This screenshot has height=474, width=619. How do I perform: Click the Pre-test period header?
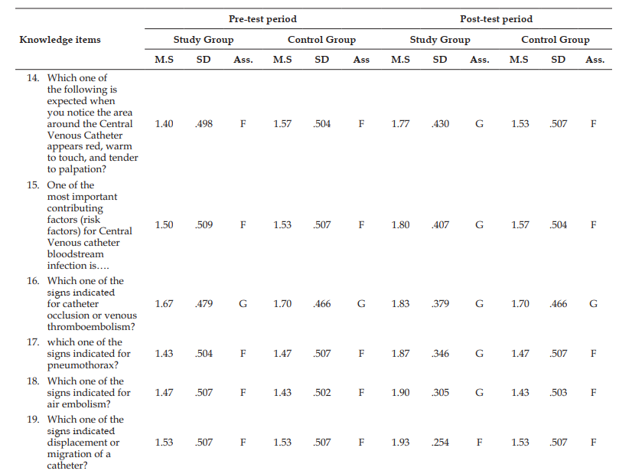pos(262,19)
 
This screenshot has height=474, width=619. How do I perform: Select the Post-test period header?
pos(497,19)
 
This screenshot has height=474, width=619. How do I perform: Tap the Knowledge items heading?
pos(60,40)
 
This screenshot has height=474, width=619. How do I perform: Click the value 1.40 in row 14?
pos(164,123)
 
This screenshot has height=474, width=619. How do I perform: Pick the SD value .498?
pos(204,123)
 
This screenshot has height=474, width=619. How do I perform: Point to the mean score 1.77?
pos(400,123)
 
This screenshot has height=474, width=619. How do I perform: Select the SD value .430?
pos(440,123)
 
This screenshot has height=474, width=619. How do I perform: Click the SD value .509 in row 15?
pos(204,225)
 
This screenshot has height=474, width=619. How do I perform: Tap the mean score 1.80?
pos(400,225)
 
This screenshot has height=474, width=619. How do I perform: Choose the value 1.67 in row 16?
pos(164,304)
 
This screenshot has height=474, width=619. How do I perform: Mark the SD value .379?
pos(440,304)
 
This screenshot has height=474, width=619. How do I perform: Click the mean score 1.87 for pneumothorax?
pos(400,354)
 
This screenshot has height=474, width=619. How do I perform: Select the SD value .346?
pos(440,354)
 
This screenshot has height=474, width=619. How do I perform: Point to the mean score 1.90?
pos(400,393)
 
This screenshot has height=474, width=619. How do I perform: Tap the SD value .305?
pos(440,393)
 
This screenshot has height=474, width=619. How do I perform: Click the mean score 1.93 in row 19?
pos(400,443)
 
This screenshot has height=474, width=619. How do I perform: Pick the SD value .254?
pos(440,443)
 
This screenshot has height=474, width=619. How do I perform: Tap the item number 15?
pos(33,185)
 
